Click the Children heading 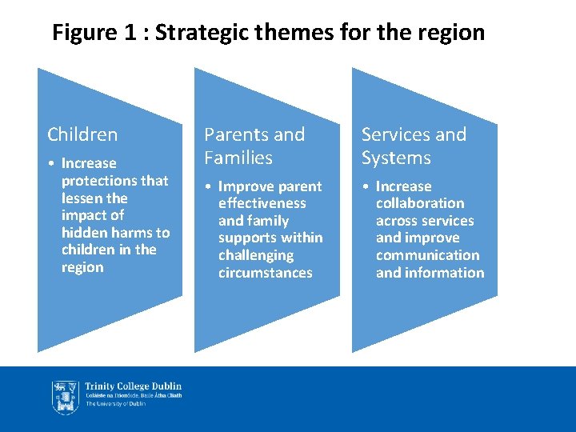click(82, 134)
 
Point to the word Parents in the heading click(234, 134)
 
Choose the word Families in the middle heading click(238, 158)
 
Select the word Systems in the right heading click(396, 158)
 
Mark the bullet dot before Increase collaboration click(366, 187)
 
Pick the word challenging click(256, 255)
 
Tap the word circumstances click(265, 273)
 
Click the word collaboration click(420, 203)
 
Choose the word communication click(427, 255)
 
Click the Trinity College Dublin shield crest click(66, 397)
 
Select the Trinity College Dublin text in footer click(134, 386)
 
